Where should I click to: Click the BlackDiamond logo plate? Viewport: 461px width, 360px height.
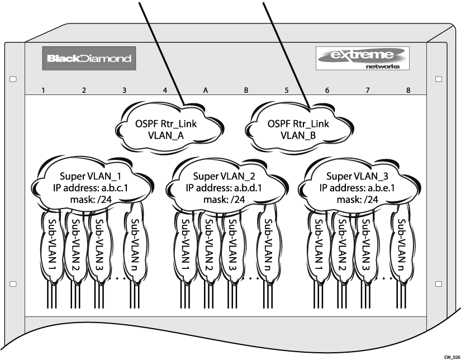tap(89, 58)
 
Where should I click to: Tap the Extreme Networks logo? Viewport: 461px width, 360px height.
tap(363, 58)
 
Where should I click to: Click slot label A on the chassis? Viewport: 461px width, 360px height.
tap(206, 90)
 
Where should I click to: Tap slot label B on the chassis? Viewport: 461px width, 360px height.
tap(246, 90)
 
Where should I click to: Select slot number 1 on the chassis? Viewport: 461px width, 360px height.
tap(43, 90)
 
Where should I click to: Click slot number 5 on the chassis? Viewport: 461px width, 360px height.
tap(287, 90)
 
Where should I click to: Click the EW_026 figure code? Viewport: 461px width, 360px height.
tap(452, 356)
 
